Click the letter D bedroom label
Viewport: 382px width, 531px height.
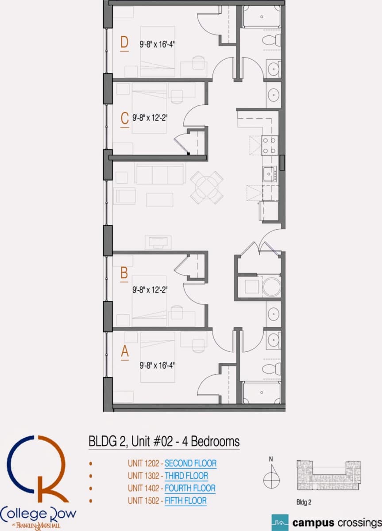coord(124,42)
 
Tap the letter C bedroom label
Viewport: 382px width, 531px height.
coord(124,118)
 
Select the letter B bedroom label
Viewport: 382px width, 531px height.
coord(124,273)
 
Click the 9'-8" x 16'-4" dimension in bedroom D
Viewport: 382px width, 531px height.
coord(157,44)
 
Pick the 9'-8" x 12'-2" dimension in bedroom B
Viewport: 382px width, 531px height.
coord(150,290)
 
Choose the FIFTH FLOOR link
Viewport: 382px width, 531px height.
coord(185,500)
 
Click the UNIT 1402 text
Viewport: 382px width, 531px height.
coord(143,488)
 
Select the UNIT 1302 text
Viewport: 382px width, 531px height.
coord(143,476)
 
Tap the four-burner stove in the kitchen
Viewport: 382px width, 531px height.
coord(270,145)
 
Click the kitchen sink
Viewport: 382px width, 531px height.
coord(270,174)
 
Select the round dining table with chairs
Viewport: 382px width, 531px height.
coord(207,188)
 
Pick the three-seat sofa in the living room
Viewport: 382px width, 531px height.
coord(160,174)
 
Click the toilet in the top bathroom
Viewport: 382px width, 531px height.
coord(271,40)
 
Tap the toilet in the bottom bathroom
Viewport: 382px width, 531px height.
coord(271,369)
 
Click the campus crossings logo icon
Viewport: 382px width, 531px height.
coord(280,523)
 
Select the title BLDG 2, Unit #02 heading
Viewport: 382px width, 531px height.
coord(164,442)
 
